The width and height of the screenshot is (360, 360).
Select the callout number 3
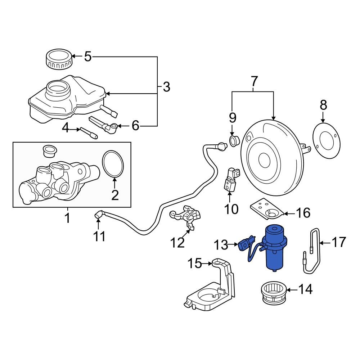click(x=166, y=87)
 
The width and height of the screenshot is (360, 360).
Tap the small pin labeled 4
click(x=89, y=132)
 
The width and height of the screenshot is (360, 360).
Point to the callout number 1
click(x=67, y=218)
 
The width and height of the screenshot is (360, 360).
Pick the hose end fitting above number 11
click(x=98, y=216)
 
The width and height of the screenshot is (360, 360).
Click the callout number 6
click(x=135, y=126)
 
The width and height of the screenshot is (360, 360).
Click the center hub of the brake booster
click(x=264, y=158)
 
